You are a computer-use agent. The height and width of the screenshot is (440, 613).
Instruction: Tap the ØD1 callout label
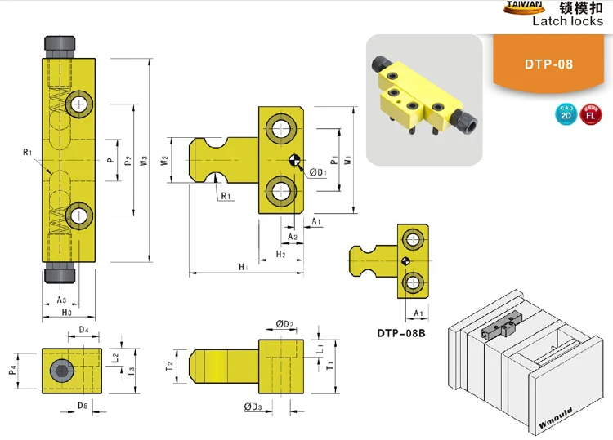point(318,171)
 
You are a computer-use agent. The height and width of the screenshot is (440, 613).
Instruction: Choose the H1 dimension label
point(243,267)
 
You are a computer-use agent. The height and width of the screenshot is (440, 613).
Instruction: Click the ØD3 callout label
point(253,406)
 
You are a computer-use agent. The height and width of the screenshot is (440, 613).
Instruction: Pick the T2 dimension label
point(170,364)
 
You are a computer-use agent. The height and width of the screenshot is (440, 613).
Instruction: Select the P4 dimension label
point(12,371)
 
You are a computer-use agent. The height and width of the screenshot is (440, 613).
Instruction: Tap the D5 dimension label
point(83,406)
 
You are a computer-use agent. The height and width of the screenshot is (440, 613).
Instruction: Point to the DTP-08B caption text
point(403,333)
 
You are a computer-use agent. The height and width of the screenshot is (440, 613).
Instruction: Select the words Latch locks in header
point(568,22)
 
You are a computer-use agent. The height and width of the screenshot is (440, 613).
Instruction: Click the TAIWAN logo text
point(523,6)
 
